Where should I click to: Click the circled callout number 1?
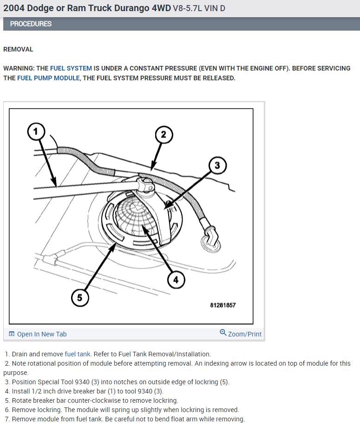(x=35, y=132)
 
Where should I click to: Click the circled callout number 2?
(x=164, y=135)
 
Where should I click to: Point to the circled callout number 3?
(x=217, y=165)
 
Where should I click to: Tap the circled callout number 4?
(x=176, y=279)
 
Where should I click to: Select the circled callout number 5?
(x=79, y=297)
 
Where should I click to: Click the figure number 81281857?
(x=222, y=305)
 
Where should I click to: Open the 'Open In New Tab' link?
(x=41, y=334)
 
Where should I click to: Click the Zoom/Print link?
(x=244, y=334)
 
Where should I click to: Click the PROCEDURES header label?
(x=31, y=24)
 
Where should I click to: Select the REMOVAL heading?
(x=18, y=49)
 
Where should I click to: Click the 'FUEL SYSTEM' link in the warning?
(x=71, y=68)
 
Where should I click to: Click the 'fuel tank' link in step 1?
(x=78, y=354)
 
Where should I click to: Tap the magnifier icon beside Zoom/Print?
(x=223, y=333)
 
